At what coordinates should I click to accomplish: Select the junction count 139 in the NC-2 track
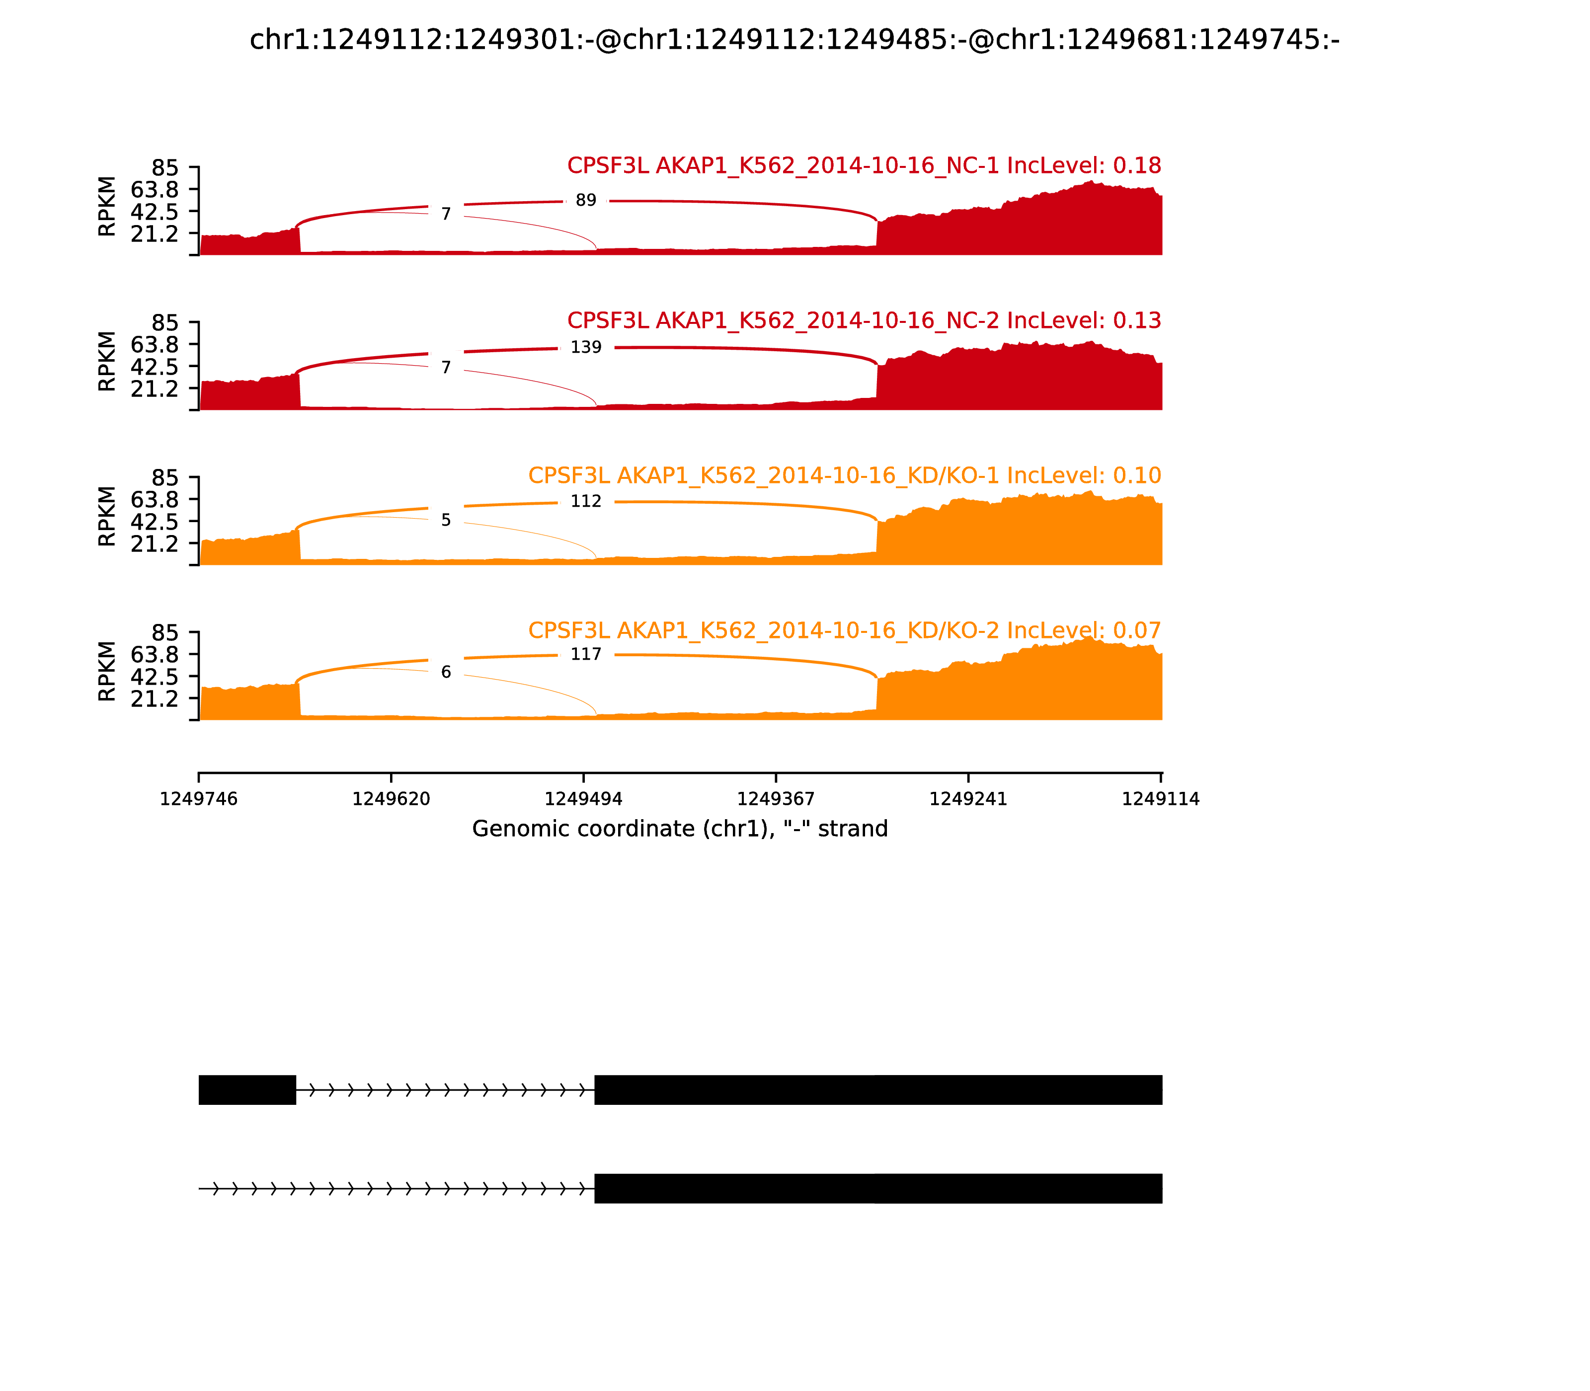586,347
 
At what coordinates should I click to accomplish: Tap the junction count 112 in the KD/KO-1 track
586,501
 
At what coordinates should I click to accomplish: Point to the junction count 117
586,654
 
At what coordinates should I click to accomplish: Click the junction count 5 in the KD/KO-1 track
446,520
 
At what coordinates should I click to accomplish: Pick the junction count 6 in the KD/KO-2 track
446,672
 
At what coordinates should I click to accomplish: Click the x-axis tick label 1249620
392,799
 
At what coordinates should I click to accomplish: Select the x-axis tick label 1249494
584,799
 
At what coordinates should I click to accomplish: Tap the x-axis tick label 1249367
776,799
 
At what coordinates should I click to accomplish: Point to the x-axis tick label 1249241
968,799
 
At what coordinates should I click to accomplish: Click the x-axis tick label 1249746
199,799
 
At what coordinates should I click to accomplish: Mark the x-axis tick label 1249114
1161,799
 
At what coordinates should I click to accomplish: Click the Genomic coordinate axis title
680,829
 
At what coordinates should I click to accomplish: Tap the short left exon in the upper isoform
247,1090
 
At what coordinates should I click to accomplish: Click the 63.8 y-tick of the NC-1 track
155,189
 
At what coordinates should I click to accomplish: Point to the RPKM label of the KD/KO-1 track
107,516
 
